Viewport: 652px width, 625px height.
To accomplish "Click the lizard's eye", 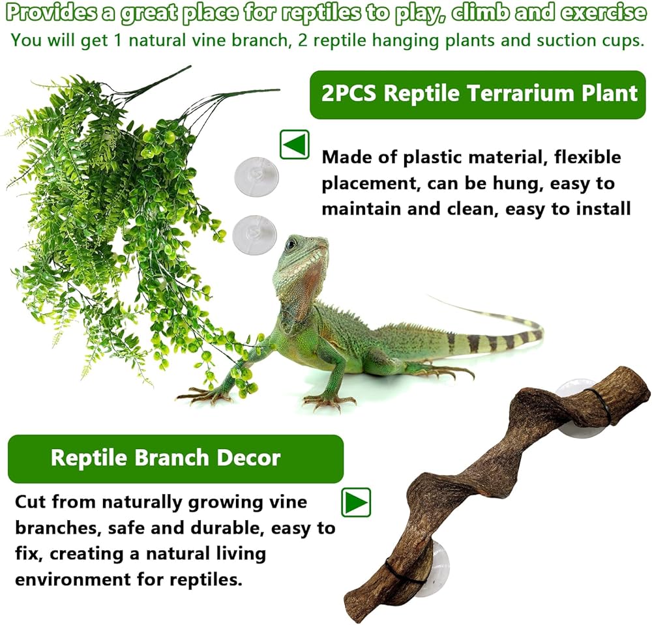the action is [293, 244].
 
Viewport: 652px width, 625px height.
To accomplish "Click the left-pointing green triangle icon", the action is [295, 145].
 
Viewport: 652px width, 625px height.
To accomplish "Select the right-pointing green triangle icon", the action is [356, 502].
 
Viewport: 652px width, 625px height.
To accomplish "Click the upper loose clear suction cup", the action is [256, 176].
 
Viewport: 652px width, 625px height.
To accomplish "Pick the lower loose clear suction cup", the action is [254, 235].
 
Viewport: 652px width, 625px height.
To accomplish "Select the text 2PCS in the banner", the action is [348, 93].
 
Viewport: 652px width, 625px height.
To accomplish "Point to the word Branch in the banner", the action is [171, 458].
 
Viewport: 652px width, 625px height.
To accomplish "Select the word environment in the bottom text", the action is [72, 579].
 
